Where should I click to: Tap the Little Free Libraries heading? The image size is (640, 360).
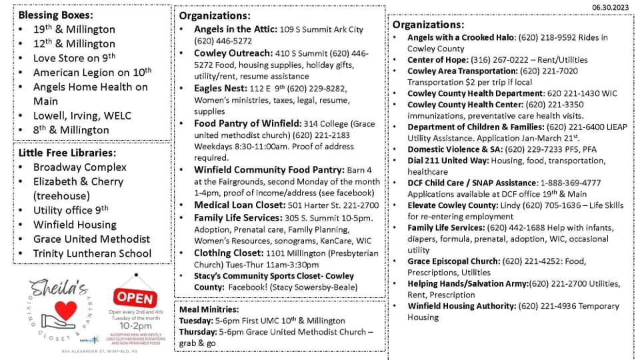point(67,152)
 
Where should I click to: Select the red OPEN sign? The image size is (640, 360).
point(135,296)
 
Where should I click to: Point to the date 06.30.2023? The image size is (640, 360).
point(611,7)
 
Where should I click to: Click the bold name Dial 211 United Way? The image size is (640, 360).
point(451,161)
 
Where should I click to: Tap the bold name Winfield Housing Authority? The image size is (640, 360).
point(461,306)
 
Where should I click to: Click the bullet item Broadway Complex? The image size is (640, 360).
point(79,167)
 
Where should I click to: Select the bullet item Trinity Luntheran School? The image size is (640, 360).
point(92,253)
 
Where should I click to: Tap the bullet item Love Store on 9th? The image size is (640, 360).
point(74,58)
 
